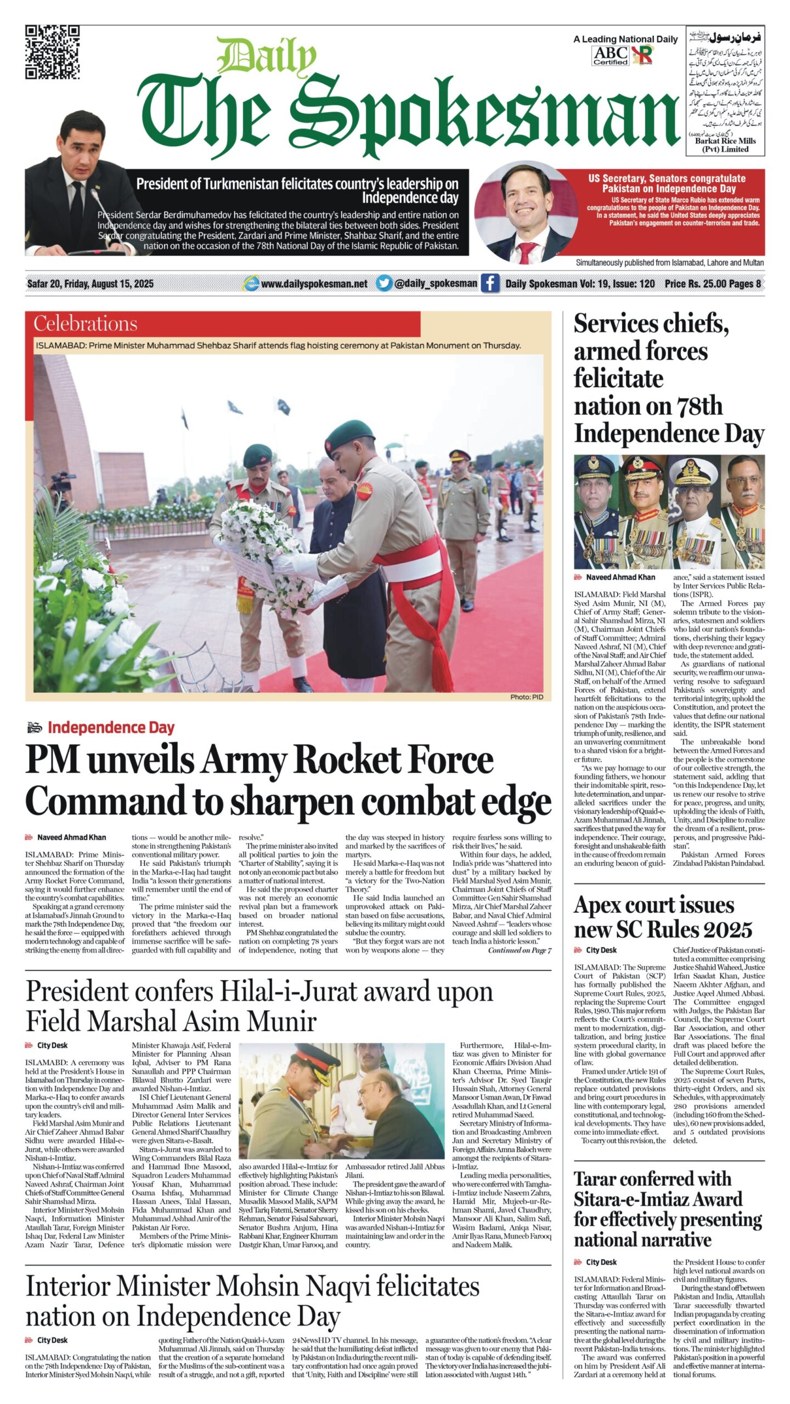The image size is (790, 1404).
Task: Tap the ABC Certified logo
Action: [x=610, y=56]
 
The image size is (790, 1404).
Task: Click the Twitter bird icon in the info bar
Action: [x=384, y=284]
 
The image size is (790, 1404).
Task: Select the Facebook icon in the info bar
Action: [x=490, y=284]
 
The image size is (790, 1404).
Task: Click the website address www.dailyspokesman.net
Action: [x=314, y=284]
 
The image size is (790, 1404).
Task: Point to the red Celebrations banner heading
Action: [x=86, y=324]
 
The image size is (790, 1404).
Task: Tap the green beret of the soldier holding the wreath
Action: [x=342, y=433]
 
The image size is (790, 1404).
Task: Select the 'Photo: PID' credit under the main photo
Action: [x=526, y=697]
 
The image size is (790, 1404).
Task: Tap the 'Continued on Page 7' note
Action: [x=519, y=950]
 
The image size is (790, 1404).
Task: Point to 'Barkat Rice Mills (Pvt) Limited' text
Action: [x=725, y=145]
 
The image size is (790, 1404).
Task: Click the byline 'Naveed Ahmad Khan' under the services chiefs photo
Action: [x=620, y=577]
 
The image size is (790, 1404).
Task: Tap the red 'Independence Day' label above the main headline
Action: [x=111, y=728]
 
